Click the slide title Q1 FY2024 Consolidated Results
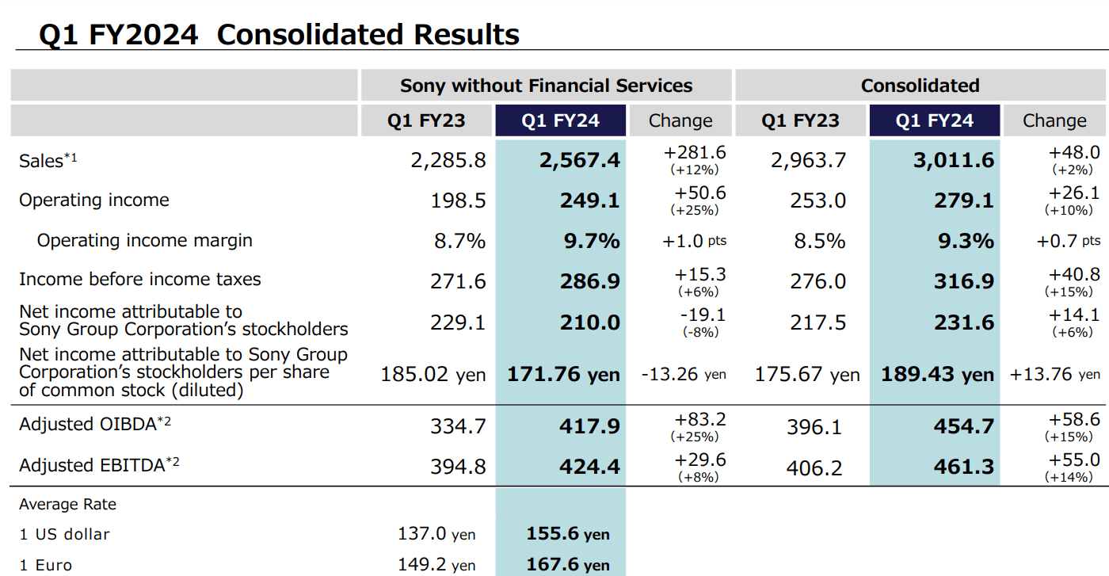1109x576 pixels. tap(279, 35)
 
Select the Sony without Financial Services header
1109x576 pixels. tap(546, 86)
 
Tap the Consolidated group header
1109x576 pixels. tap(920, 86)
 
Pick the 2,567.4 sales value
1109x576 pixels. tap(580, 161)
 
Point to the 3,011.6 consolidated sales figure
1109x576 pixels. tap(953, 161)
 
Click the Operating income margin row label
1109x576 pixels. tap(145, 240)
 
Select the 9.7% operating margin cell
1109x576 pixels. tap(591, 241)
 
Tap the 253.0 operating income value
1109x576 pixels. tap(817, 201)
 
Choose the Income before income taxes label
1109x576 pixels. tap(139, 279)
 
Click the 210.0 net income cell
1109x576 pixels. tap(590, 322)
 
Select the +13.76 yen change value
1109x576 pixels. tap(1054, 375)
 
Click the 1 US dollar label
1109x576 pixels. tap(64, 534)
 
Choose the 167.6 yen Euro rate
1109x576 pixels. tap(568, 565)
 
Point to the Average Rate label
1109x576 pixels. tap(67, 505)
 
